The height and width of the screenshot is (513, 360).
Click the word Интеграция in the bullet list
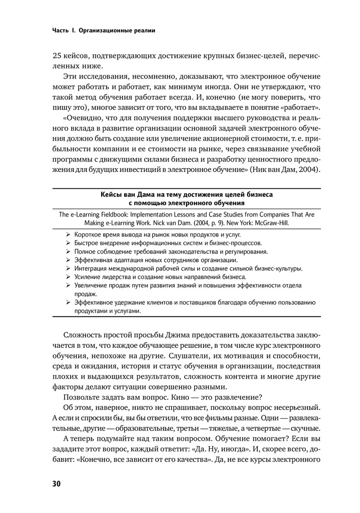click(92, 268)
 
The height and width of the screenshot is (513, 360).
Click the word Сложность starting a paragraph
click(83, 335)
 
